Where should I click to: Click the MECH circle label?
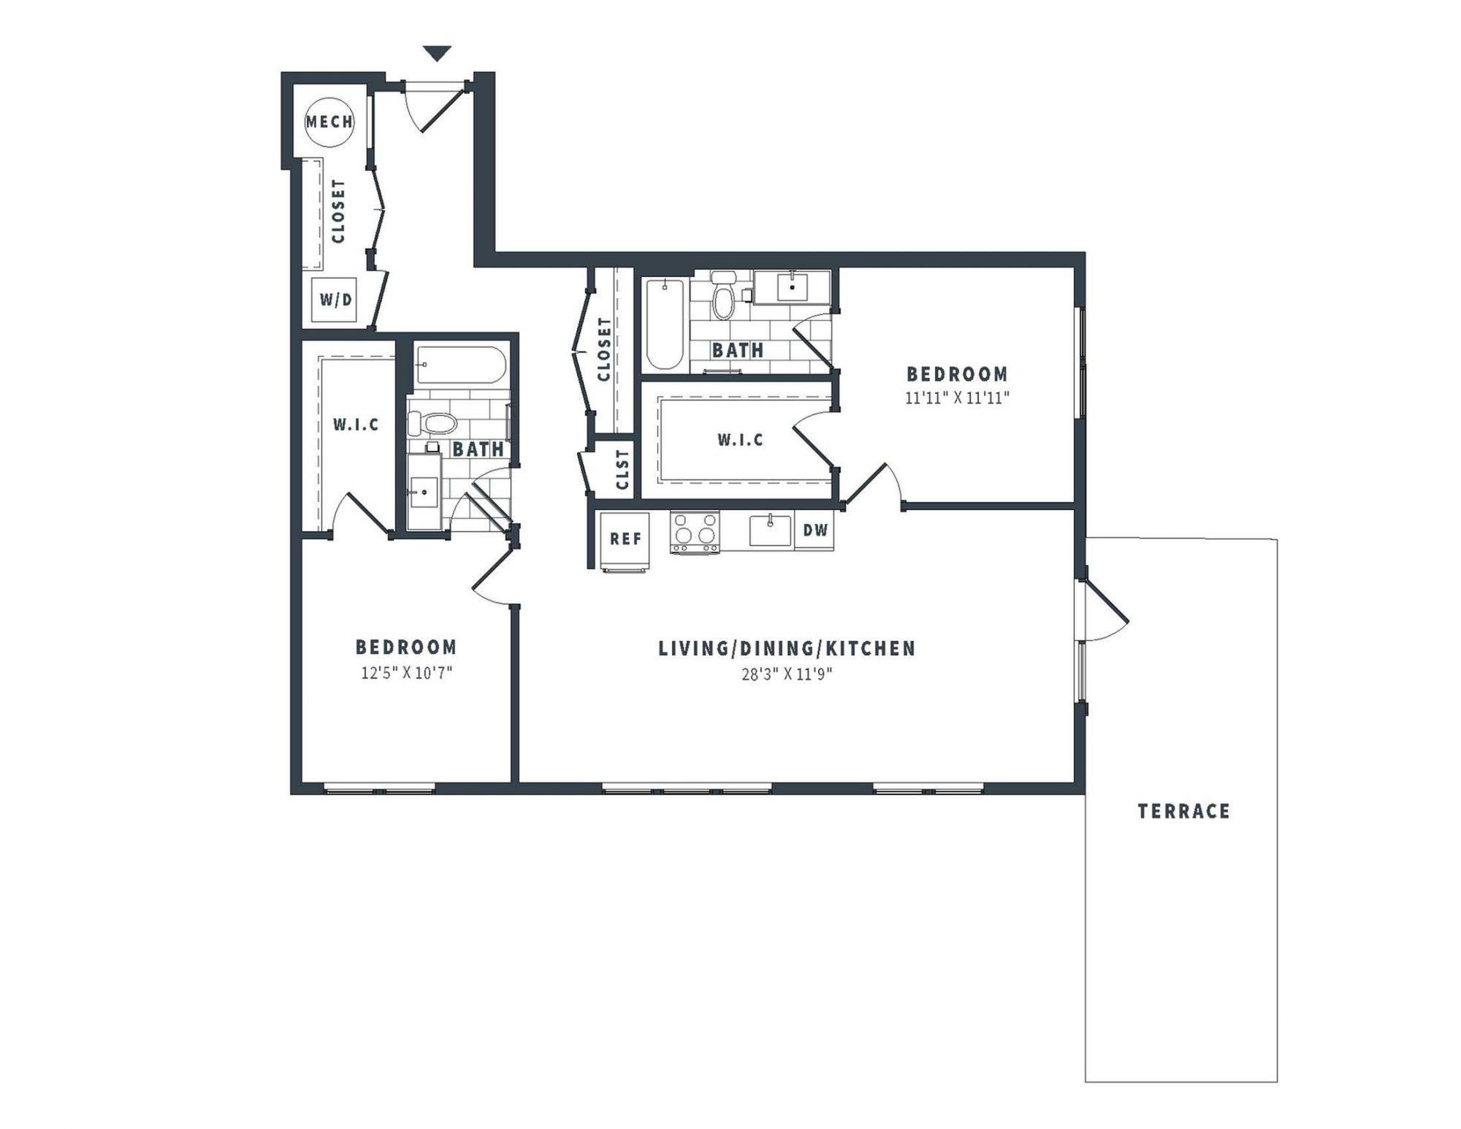coord(329,122)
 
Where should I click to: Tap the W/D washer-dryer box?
coord(335,300)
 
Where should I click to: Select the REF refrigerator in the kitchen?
coord(625,540)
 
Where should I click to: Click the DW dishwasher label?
coord(815,530)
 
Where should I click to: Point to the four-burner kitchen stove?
coord(695,532)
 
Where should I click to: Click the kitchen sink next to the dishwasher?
coord(770,531)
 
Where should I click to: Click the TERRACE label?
coord(1183,811)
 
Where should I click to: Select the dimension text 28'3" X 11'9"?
coord(787,674)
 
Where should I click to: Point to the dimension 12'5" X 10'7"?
coord(407,673)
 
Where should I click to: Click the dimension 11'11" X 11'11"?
coord(957,398)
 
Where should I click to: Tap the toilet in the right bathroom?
coord(723,297)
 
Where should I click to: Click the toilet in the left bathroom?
coord(432,423)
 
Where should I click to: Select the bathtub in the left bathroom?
coord(460,366)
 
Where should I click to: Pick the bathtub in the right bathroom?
coord(665,324)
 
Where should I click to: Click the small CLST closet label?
coord(622,470)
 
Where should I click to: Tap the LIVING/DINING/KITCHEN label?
coord(787,649)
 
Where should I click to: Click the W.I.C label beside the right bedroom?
coord(740,440)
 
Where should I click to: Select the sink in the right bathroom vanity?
coord(792,286)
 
